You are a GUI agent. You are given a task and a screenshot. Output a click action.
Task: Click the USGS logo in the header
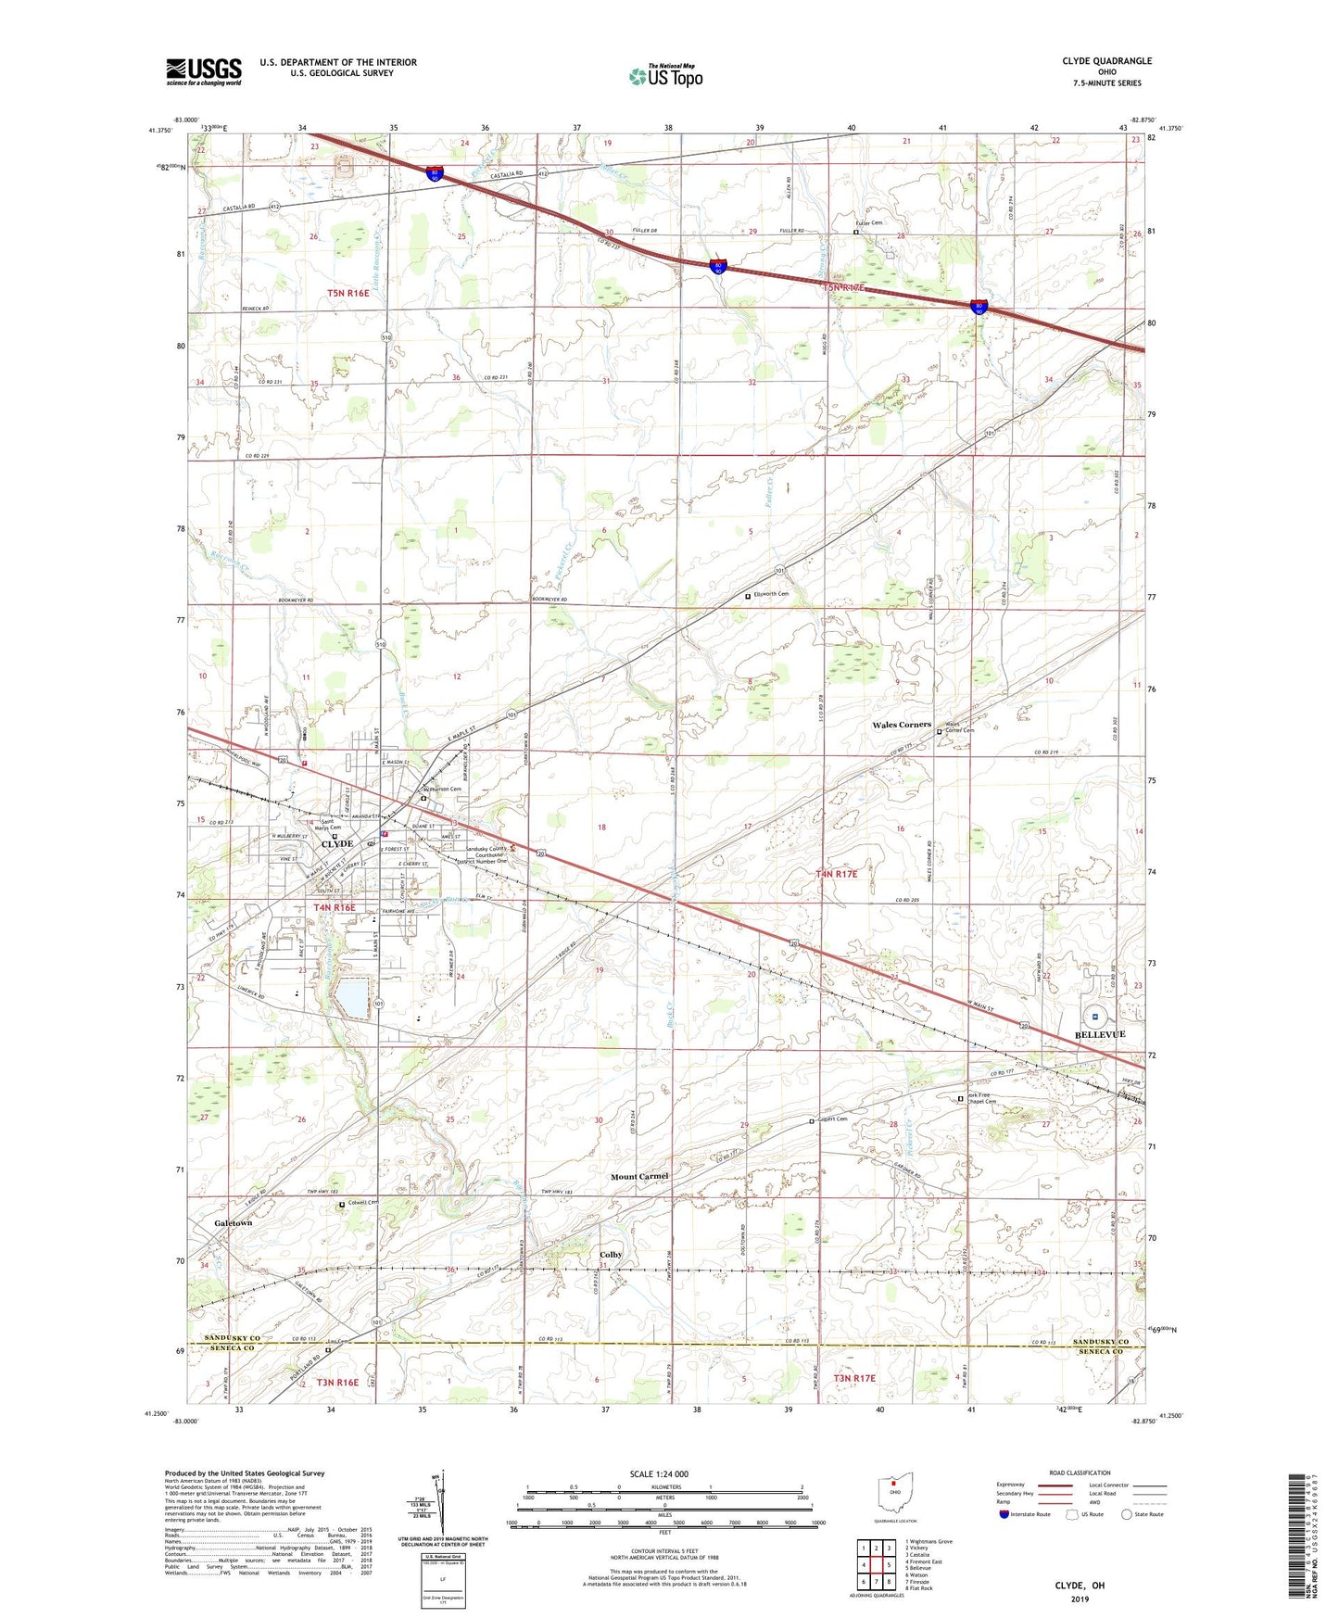click(x=203, y=71)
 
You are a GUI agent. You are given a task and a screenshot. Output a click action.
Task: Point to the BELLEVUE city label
click(x=1099, y=1034)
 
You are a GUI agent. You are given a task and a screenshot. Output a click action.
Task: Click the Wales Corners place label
click(x=901, y=725)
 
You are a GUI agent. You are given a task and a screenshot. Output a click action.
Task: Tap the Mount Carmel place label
click(x=639, y=1177)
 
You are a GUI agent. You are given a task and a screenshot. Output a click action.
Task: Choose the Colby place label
click(x=611, y=1255)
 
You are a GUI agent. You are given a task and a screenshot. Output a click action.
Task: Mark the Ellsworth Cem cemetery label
click(x=771, y=594)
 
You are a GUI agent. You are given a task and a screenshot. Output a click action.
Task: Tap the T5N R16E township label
click(x=347, y=294)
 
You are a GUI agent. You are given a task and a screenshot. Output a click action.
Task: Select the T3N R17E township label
click(x=853, y=1379)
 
